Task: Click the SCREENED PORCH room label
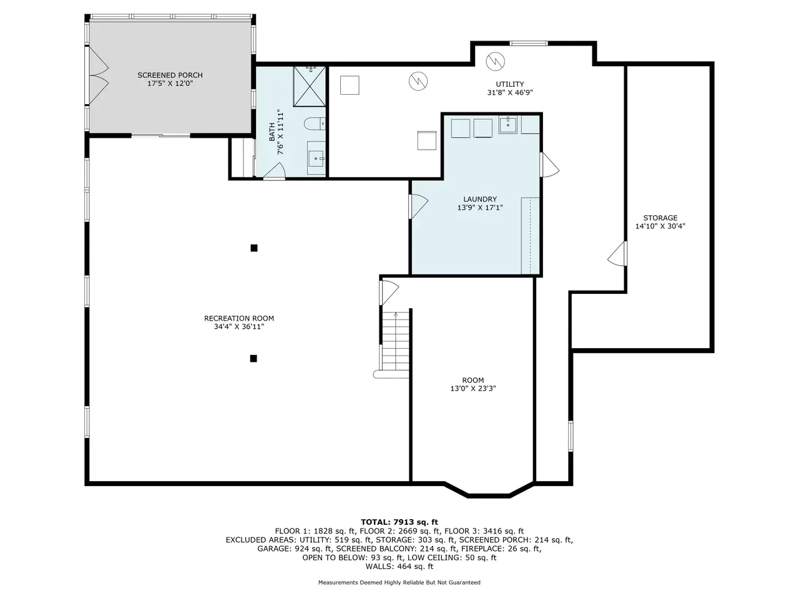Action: [x=170, y=75]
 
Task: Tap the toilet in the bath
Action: [x=315, y=124]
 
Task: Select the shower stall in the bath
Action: [x=310, y=86]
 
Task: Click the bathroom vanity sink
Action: [x=316, y=158]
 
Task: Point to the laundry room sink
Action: [x=507, y=125]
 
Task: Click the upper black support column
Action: [x=254, y=248]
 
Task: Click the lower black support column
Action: [x=253, y=359]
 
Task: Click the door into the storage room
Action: [x=618, y=253]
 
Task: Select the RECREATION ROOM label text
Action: [x=239, y=318]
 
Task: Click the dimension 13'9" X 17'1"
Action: [x=480, y=208]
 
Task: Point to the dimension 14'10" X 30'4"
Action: [x=660, y=226]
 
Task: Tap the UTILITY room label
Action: [x=509, y=84]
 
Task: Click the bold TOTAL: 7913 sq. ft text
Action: [x=399, y=522]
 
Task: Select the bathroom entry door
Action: [x=275, y=172]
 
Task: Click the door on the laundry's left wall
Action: [x=418, y=206]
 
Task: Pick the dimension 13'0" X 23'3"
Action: [x=473, y=389]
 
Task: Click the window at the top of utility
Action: [x=529, y=43]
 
